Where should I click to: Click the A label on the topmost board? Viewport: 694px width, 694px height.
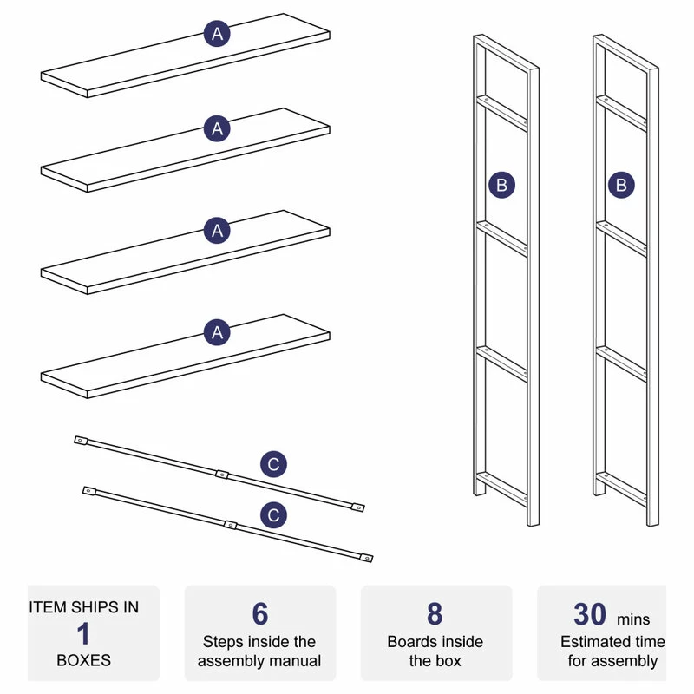(x=218, y=34)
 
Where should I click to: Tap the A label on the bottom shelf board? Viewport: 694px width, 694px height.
(x=218, y=331)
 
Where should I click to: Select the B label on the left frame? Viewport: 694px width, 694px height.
(x=501, y=185)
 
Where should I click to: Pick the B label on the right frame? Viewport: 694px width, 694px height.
(x=621, y=185)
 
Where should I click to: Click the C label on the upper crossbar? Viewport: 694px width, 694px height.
(x=273, y=465)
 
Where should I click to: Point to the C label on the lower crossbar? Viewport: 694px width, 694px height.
(x=273, y=515)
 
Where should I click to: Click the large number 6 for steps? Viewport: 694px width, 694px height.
(x=260, y=614)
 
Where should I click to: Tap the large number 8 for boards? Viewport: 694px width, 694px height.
(x=435, y=614)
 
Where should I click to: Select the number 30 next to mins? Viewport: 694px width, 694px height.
(x=590, y=614)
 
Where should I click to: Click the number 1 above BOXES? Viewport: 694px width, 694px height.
(x=83, y=633)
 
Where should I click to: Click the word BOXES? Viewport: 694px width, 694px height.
(x=83, y=660)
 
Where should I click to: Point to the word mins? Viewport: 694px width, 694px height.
(x=633, y=619)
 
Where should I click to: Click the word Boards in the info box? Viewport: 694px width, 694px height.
(x=411, y=642)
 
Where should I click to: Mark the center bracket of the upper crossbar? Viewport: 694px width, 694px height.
(x=221, y=474)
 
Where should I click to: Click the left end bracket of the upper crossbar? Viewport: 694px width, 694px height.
(x=80, y=441)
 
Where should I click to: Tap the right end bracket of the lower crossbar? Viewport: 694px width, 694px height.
(x=368, y=559)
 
